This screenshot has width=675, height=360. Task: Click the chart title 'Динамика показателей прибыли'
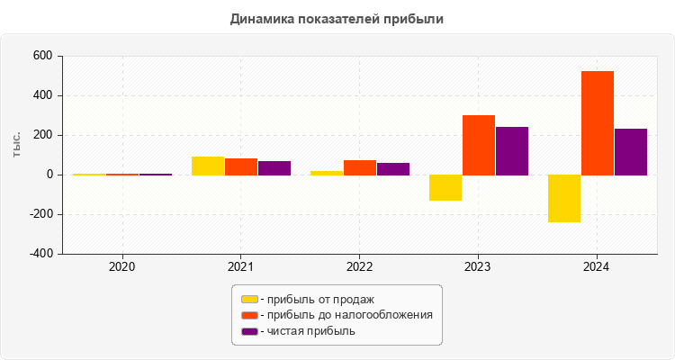[x=337, y=18]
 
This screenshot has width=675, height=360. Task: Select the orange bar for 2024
[x=598, y=122]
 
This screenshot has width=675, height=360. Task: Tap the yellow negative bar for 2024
[x=564, y=198]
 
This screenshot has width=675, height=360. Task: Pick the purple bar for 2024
[x=631, y=151]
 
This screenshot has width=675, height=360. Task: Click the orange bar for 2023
[x=479, y=145]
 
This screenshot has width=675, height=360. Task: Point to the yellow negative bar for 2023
[x=445, y=187]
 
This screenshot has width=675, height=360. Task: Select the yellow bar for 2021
[x=208, y=166]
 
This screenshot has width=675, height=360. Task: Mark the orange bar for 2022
[x=360, y=167]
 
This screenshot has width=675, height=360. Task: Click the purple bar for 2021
[x=274, y=167]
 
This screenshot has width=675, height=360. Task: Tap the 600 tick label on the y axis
[x=42, y=56]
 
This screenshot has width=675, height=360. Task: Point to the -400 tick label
[x=40, y=254]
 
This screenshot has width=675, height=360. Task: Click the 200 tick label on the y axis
[x=42, y=135]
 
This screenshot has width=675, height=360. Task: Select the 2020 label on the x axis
[x=121, y=267]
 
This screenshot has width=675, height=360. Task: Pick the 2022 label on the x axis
[x=359, y=267]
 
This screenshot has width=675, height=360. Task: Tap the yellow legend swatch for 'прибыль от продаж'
[x=249, y=299]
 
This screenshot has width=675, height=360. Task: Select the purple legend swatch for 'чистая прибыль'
[x=249, y=331]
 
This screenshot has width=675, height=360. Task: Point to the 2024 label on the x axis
[x=597, y=267]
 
